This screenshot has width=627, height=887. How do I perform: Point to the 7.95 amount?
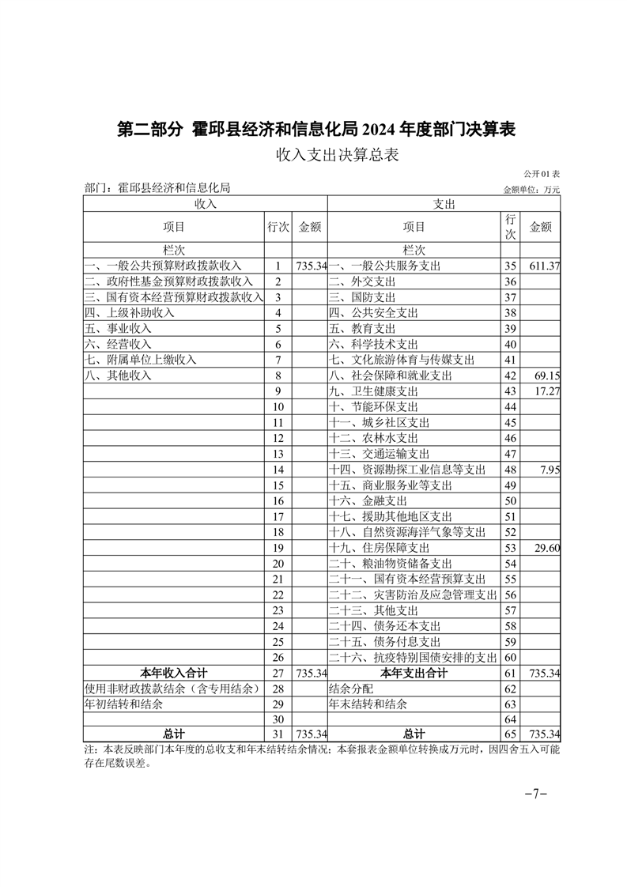550,470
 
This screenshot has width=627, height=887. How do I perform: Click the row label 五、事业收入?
118,329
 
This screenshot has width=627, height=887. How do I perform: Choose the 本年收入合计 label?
174,673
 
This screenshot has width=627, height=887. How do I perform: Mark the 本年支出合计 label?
414,673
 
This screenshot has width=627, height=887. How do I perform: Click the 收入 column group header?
205,203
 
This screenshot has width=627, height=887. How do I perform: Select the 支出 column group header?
444,203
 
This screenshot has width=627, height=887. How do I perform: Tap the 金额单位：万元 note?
531,189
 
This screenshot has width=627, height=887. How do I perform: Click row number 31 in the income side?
278,734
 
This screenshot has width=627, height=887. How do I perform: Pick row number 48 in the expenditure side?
510,470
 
